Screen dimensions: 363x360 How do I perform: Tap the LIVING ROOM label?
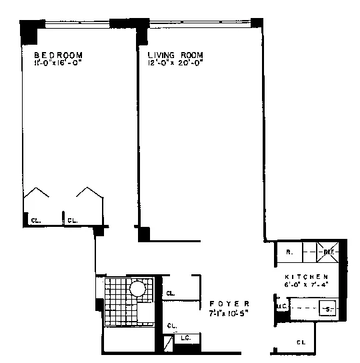(x=175, y=55)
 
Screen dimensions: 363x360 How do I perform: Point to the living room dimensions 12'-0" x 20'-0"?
(x=175, y=64)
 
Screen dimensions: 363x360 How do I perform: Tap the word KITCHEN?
(x=306, y=276)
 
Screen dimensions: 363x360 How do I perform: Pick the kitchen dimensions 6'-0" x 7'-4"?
(x=307, y=285)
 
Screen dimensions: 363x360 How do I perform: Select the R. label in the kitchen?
(x=289, y=253)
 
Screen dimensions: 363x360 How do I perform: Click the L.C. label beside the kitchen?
(x=281, y=307)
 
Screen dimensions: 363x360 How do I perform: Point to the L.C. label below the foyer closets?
(x=185, y=339)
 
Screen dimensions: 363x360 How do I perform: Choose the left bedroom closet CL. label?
(x=35, y=220)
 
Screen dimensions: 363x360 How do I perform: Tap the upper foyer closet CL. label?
(x=171, y=293)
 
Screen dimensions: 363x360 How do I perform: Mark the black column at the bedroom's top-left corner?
(x=29, y=30)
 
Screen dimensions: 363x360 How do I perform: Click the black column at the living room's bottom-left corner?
(x=143, y=234)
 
